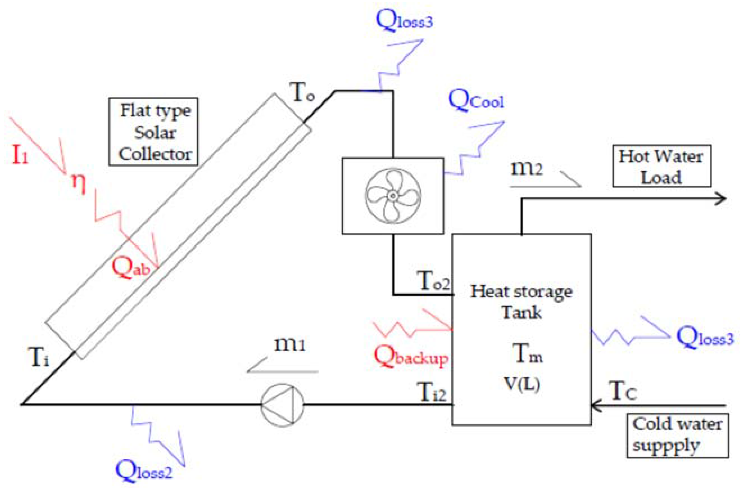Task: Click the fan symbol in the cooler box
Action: pos(393,196)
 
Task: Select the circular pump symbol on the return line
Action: pos(282,405)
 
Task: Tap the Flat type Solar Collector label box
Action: pos(154,132)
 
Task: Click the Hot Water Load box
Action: pos(661,166)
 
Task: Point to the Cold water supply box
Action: pos(677,436)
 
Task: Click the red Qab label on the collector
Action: pos(130,268)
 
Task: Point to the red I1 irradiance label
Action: pos(19,155)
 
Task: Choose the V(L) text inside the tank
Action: pos(522,383)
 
